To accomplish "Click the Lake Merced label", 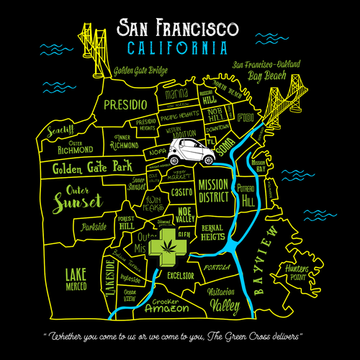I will [76, 279].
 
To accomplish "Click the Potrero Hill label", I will [247, 196].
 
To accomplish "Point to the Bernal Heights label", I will [215, 231].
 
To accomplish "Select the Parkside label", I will [94, 226].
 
